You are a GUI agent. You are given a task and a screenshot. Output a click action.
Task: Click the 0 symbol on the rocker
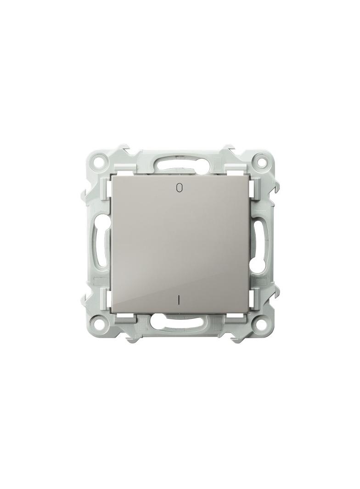click(179, 187)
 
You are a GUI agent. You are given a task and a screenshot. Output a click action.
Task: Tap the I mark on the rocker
click(179, 300)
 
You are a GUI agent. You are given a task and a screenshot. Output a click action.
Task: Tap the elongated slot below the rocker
click(180, 320)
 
